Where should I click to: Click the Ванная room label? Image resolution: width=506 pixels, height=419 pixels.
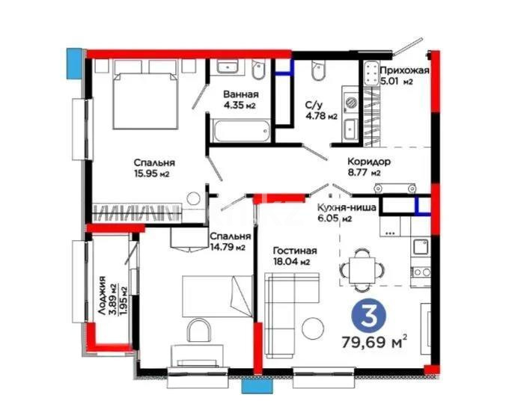pyautogui.click(x=241, y=94)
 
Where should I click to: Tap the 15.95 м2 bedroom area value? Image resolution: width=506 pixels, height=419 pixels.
pyautogui.click(x=152, y=174)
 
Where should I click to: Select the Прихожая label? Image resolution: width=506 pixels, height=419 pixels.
pyautogui.click(x=405, y=70)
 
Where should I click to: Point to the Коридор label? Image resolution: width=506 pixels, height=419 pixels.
pyautogui.click(x=369, y=162)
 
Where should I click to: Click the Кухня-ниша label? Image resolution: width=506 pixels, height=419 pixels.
pyautogui.click(x=347, y=207)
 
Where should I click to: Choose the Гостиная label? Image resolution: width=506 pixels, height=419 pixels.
pyautogui.click(x=295, y=251)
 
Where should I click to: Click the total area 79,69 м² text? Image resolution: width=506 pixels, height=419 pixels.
pyautogui.click(x=374, y=342)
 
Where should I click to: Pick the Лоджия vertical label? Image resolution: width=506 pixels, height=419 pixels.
pyautogui.click(x=102, y=296)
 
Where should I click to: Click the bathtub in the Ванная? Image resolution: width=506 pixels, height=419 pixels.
pyautogui.click(x=242, y=131)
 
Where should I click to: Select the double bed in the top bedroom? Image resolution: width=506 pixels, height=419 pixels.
pyautogui.click(x=145, y=95)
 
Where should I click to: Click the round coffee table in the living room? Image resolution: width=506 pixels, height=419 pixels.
pyautogui.click(x=313, y=328)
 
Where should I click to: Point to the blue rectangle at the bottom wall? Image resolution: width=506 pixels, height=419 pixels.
pyautogui.click(x=257, y=386)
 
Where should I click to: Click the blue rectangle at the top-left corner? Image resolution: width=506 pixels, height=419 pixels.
pyautogui.click(x=74, y=64)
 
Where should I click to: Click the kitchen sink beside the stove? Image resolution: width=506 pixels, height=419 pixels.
pyautogui.click(x=421, y=247)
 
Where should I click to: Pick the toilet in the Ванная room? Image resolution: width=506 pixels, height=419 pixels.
pyautogui.click(x=258, y=70)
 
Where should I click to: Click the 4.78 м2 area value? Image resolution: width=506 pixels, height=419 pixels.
pyautogui.click(x=321, y=116)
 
